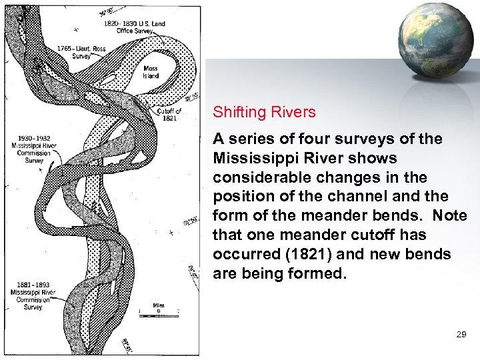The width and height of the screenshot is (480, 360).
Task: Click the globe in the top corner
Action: (434, 39)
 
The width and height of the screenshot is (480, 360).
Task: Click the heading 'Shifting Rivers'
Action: (264, 112)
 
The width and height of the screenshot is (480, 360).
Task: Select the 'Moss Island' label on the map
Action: (151, 72)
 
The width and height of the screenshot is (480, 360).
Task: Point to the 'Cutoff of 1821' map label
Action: (169, 114)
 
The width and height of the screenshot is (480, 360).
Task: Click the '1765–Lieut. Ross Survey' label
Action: (82, 52)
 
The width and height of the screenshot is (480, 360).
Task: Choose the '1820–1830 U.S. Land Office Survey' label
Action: (134, 27)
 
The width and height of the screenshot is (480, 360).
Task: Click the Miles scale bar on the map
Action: (159, 311)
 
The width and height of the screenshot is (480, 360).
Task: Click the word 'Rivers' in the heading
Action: (294, 112)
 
